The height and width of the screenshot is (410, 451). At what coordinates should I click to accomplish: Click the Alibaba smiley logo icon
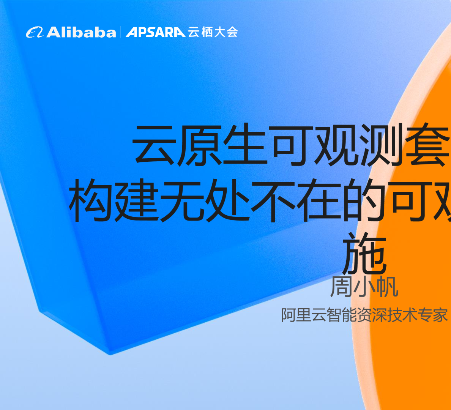pyautogui.click(x=35, y=32)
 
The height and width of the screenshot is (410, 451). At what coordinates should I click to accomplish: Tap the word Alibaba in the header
pyautogui.click(x=81, y=32)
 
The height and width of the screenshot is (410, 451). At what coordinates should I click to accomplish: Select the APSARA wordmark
pyautogui.click(x=156, y=32)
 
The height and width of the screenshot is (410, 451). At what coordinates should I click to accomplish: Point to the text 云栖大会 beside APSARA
pyautogui.click(x=213, y=32)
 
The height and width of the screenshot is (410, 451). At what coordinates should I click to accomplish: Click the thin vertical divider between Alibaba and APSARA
pyautogui.click(x=121, y=32)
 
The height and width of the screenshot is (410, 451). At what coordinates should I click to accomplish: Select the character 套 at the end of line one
pyautogui.click(x=427, y=145)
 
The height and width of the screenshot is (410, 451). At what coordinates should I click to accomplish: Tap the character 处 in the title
pyautogui.click(x=228, y=200)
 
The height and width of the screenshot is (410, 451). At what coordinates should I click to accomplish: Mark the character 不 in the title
pyautogui.click(x=273, y=200)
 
